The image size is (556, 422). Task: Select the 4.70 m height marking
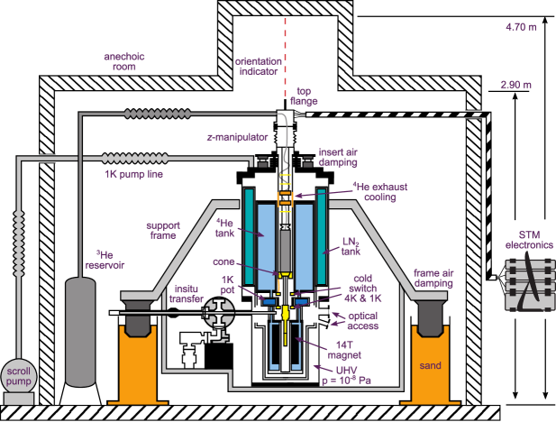(x=522, y=28)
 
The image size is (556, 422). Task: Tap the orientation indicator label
(x=259, y=67)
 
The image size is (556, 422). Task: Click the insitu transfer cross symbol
(x=219, y=315)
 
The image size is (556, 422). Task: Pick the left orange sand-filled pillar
(x=134, y=361)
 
